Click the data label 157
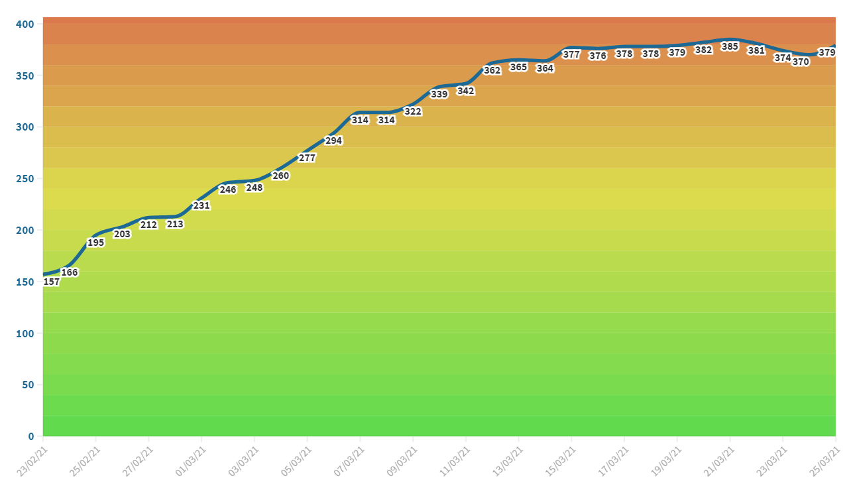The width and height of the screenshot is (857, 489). tap(52, 282)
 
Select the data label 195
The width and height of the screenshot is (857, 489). tap(96, 243)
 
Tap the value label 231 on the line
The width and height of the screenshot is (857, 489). tap(201, 205)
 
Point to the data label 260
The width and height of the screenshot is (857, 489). tap(281, 176)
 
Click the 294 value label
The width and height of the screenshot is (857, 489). tap(333, 140)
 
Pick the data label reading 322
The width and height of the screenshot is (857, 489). tap(413, 111)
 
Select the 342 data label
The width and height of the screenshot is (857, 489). tap(466, 91)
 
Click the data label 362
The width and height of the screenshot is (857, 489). tap(492, 70)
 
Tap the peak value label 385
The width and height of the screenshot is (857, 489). tap(730, 46)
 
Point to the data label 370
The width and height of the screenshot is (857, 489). tap(801, 62)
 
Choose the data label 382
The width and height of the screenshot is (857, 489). tap(703, 49)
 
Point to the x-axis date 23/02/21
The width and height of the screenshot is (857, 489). tap(32, 461)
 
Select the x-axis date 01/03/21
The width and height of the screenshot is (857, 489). tap(190, 461)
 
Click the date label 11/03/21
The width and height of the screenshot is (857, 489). tap(455, 461)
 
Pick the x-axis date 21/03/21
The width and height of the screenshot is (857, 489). tap(718, 461)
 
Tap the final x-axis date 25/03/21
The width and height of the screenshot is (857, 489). tap(825, 461)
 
